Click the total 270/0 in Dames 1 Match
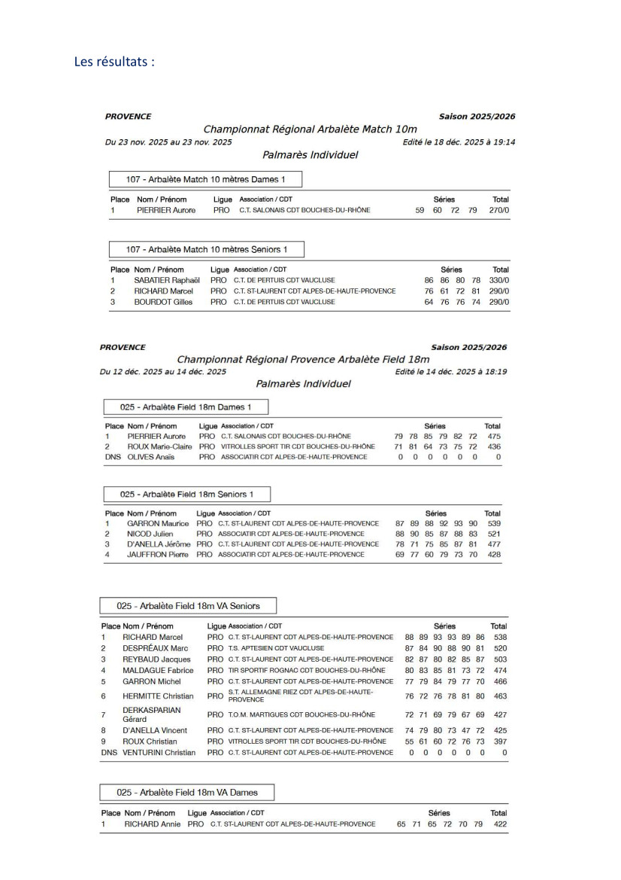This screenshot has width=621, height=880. click(500, 210)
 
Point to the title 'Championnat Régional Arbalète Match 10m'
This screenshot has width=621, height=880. click(310, 129)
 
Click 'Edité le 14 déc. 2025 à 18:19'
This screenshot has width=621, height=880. click(455, 371)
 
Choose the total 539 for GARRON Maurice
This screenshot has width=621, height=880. click(493, 522)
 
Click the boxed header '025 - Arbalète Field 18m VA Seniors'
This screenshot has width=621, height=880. click(189, 606)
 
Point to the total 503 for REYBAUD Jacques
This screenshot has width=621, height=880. click(498, 659)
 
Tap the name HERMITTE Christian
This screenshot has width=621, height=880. click(158, 696)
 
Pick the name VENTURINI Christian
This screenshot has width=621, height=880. click(159, 752)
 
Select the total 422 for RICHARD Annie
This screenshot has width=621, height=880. click(498, 824)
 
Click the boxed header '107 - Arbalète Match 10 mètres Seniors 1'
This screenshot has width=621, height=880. click(206, 248)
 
